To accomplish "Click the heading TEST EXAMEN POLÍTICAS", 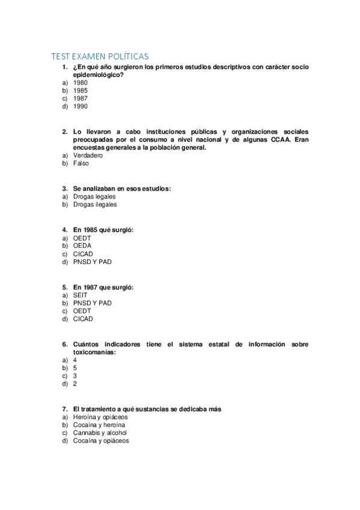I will point(100,57).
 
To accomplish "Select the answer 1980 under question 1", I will point(80,82).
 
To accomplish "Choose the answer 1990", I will point(80,106).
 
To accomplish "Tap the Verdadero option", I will point(88,155).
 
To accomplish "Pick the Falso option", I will point(81,163).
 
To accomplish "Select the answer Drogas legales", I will point(94,196).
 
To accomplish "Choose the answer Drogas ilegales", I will point(95,204).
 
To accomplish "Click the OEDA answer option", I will point(82,245).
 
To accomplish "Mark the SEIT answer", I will point(80,295).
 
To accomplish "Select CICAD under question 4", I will point(83,254).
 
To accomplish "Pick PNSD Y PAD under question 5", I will point(92,303).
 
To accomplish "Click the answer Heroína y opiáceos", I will point(100,417).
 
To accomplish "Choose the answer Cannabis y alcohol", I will point(100,432).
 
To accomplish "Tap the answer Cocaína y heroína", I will point(99,425).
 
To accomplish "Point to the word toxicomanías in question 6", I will point(94,352).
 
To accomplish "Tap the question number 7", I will point(64,409).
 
